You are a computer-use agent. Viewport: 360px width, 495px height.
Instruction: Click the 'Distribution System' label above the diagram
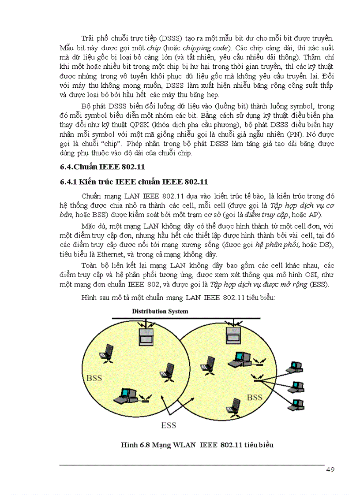(x=160, y=311)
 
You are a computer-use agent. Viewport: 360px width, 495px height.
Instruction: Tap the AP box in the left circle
(x=145, y=336)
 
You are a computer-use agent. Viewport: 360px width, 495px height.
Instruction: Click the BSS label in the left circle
(x=94, y=378)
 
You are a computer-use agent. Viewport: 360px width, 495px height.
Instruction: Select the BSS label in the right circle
(x=255, y=397)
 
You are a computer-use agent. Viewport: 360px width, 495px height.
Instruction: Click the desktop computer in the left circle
(x=126, y=395)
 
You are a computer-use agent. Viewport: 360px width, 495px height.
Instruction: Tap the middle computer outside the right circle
(x=298, y=386)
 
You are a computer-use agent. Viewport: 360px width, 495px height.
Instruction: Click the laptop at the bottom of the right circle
(x=234, y=406)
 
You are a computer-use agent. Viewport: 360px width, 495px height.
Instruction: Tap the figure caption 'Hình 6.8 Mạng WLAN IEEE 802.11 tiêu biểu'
(x=197, y=445)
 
